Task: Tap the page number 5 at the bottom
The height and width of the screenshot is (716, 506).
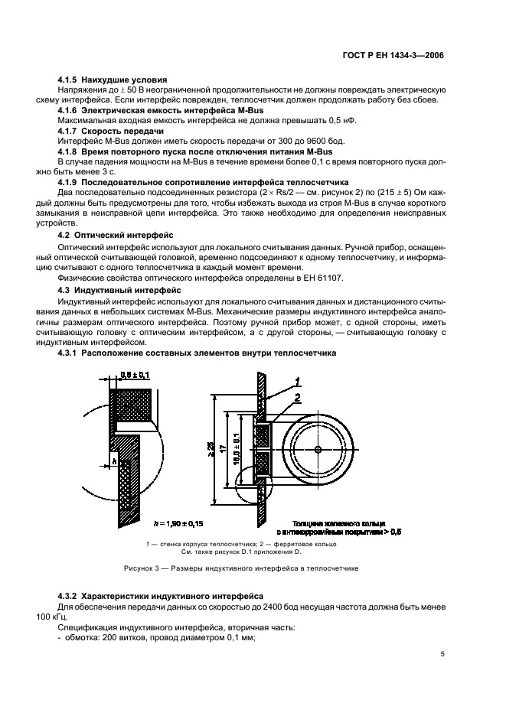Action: tap(443, 655)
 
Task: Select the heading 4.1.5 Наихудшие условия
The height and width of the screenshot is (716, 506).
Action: tap(113, 80)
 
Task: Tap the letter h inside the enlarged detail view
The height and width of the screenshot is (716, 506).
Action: tap(113, 461)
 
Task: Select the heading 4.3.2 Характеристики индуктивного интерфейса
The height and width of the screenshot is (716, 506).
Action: tap(161, 595)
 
